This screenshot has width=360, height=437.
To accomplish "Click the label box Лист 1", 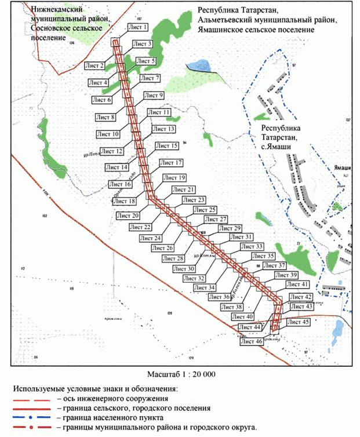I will pos(137,27).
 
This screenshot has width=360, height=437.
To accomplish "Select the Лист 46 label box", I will pos(251,342).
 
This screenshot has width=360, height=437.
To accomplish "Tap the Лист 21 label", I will pos(183,190).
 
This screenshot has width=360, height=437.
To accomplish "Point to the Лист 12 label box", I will pos(112,151).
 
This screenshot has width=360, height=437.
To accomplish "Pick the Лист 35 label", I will pos(262,256).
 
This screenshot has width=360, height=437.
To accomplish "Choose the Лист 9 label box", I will pos(154,95).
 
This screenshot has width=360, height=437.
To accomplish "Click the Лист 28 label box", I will pos(173,258).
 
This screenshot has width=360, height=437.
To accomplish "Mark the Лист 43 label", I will pos(301,306).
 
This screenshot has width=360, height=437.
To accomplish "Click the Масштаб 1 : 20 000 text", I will pos(181,374).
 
